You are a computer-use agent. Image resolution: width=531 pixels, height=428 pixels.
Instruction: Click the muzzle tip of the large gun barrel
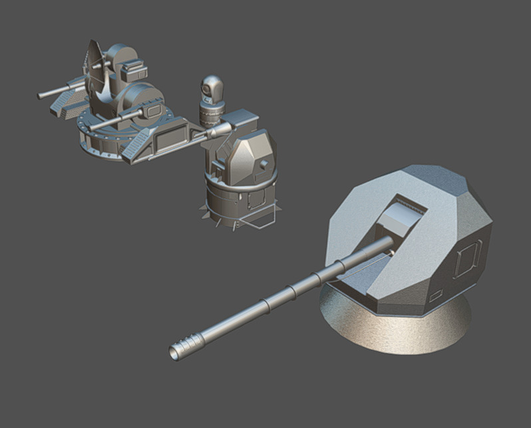(176, 352)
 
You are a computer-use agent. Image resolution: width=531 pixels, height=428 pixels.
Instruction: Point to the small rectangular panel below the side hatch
(437, 295)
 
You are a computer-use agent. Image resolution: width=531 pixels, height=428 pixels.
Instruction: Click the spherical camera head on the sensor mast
(212, 86)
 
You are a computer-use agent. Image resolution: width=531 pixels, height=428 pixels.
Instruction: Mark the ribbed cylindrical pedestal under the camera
(212, 114)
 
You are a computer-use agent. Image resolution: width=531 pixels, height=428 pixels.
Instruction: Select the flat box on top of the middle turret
(240, 120)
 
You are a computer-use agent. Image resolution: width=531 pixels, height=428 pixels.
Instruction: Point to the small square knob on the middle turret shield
(264, 163)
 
